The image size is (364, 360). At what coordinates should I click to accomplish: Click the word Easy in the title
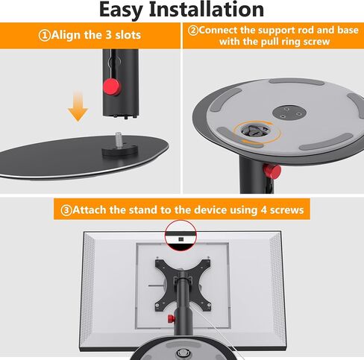tap(121, 10)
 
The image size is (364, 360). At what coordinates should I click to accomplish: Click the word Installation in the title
tap(207, 10)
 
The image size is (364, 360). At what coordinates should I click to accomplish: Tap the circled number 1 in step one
tap(45, 36)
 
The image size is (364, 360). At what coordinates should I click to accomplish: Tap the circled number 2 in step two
tap(193, 31)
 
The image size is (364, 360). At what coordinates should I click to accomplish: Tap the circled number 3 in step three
tap(66, 210)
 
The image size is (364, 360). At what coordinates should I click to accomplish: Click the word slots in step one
tap(128, 35)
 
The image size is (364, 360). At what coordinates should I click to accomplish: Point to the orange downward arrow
tap(78, 106)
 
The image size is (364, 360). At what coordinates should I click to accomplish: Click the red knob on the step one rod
tap(111, 86)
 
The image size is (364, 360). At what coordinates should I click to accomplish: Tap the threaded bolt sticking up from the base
tap(119, 140)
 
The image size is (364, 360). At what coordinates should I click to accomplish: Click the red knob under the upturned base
tap(272, 170)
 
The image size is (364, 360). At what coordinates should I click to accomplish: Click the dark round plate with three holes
tap(289, 112)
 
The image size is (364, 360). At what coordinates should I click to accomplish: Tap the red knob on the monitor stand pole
tap(171, 318)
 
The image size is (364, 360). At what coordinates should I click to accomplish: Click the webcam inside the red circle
tap(181, 239)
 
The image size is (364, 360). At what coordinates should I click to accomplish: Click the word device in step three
tap(210, 210)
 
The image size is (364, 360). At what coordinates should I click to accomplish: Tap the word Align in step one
tap(66, 36)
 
